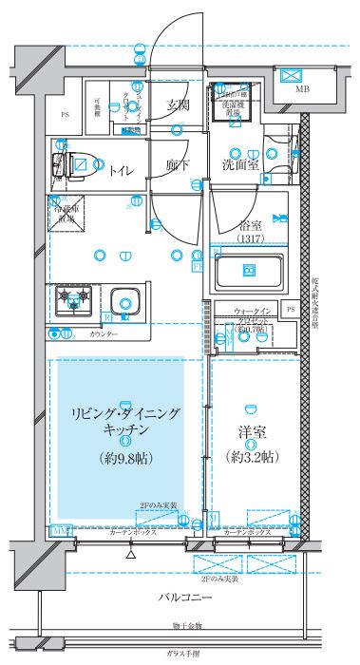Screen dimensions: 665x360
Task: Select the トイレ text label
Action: tap(121, 170)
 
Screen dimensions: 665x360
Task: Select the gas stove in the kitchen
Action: tap(72, 301)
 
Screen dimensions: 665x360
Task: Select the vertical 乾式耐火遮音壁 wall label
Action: tap(314, 302)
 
